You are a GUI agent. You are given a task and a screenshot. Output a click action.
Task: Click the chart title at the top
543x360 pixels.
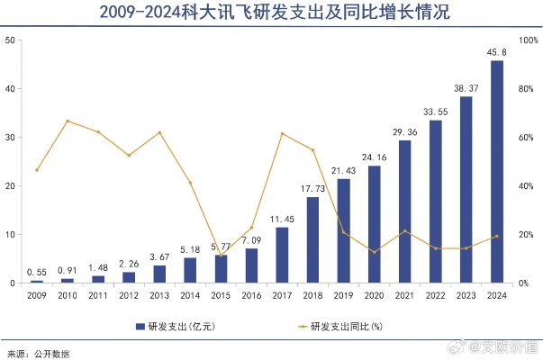pyautogui.click(x=271, y=13)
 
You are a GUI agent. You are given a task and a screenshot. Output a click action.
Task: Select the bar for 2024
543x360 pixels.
pyautogui.click(x=496, y=172)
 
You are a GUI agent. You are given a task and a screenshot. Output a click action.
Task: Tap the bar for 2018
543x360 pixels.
pyautogui.click(x=312, y=240)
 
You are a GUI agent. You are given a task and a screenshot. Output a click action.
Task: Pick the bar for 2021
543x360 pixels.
pyautogui.click(x=404, y=211)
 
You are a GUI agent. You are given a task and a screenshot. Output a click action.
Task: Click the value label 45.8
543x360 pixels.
pyautogui.click(x=496, y=51)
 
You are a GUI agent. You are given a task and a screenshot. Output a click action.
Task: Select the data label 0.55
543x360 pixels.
pyautogui.click(x=37, y=271)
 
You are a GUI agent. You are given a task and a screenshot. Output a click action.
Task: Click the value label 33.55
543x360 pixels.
pyautogui.click(x=435, y=112)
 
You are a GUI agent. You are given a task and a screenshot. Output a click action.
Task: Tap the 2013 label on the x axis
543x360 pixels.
pyautogui.click(x=159, y=294)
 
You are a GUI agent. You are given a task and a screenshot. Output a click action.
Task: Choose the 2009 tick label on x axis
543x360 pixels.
pyautogui.click(x=37, y=294)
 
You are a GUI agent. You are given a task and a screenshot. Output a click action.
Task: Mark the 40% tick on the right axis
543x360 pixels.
pyautogui.click(x=528, y=186)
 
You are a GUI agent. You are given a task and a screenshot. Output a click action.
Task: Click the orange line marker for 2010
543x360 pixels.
pyautogui.click(x=68, y=121)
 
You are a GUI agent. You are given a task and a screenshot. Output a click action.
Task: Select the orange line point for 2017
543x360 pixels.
pyautogui.click(x=282, y=134)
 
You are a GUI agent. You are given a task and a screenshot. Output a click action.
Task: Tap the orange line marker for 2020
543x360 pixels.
pyautogui.click(x=374, y=252)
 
